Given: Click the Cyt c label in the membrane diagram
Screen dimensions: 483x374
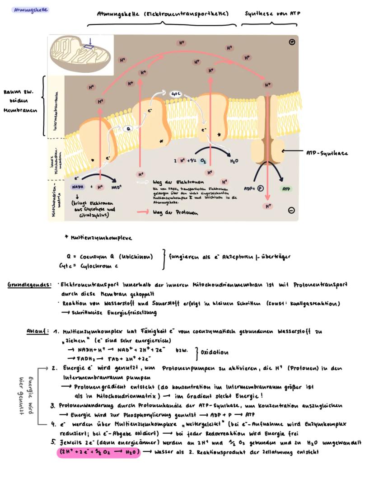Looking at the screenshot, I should (175, 94).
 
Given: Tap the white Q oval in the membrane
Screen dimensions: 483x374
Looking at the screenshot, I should (129, 128).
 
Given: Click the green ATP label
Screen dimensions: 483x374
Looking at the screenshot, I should (286, 188).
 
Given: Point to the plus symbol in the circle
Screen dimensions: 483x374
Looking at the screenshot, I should (292, 42).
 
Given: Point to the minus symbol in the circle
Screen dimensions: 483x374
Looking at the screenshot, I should (291, 210).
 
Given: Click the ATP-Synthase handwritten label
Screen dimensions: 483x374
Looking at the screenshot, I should (327, 153).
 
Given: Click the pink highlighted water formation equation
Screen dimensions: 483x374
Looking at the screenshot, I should (98, 452).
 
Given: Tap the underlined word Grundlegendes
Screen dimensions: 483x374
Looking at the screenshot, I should (29, 285).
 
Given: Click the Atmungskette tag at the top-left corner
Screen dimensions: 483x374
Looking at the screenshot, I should (30, 9).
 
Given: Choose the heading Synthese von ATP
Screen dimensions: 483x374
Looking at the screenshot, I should (272, 14).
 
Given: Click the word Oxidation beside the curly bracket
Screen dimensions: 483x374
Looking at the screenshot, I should (215, 352).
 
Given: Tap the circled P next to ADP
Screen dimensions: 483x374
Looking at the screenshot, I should (261, 188).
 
